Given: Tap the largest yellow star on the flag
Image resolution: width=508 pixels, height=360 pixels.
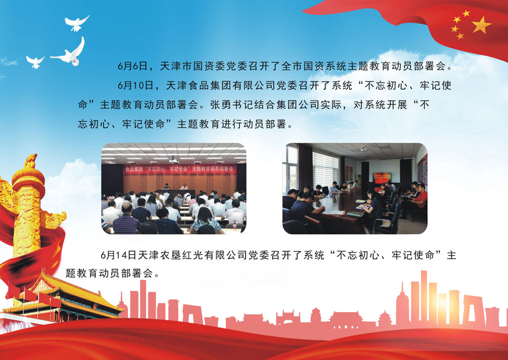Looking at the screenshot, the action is click(481, 25).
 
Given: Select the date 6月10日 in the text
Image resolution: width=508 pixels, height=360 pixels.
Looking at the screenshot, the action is click(135, 85).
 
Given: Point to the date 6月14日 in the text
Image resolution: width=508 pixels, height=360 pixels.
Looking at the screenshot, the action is click(119, 255).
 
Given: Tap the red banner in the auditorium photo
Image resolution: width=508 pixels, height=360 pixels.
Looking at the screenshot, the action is click(180, 169).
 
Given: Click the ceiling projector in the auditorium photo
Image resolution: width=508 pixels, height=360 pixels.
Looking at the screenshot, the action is click(173, 159).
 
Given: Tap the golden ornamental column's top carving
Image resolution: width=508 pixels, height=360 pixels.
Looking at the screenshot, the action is click(31, 161).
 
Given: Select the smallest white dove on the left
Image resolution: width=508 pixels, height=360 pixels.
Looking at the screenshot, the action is click(35, 62).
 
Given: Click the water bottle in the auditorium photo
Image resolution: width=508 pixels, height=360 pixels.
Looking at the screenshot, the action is click(235, 224).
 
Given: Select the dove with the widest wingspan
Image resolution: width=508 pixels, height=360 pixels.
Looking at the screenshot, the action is click(69, 52).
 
